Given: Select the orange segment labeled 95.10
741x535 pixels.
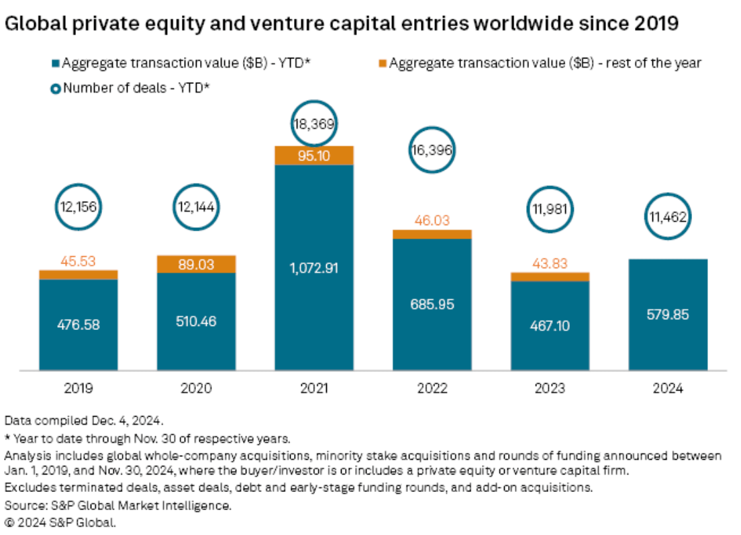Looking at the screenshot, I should coord(314,155).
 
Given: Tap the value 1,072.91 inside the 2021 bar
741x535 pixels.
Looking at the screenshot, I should coord(314,267).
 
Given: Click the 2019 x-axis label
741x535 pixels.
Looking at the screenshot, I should coord(79,388).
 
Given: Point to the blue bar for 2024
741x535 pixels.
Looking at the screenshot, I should coord(668,314).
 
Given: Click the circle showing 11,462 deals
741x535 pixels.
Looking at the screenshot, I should coord(668,216).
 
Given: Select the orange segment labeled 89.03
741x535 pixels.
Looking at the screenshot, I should coord(197,264).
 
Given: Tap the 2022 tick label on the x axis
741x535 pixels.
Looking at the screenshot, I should coord(432,388).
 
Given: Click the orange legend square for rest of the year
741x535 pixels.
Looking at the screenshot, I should coord(383,64).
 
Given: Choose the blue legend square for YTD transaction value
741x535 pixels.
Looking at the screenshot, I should coord(56,64).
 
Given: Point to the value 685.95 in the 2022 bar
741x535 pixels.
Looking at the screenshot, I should coord(432,304).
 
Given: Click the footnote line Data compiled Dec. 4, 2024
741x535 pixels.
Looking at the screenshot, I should coord(84,421).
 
